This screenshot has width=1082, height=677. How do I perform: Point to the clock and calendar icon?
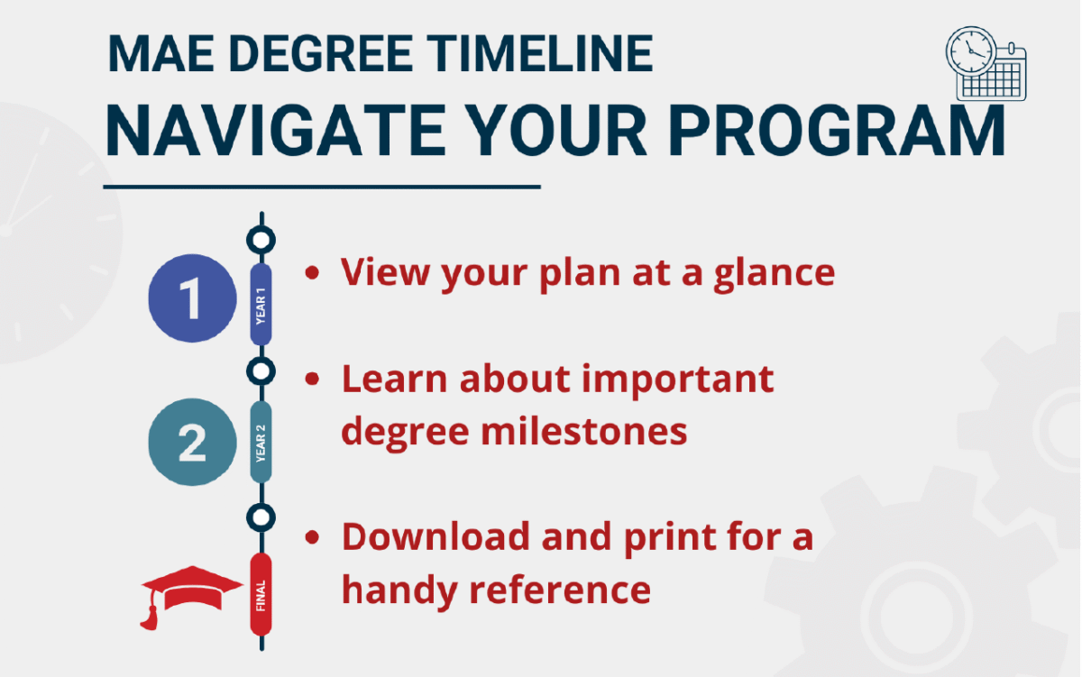986,62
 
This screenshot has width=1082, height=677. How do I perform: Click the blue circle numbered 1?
192,299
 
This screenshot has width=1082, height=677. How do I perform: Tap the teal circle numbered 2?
192,442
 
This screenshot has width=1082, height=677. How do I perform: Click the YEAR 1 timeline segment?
261,305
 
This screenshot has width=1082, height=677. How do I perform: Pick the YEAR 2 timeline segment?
261,442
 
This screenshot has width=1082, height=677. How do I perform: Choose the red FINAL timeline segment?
261,594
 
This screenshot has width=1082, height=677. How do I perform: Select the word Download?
435,537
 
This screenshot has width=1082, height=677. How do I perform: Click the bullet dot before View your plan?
313,273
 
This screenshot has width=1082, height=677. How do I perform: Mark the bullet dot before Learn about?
313,380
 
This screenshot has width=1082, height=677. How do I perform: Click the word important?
675,380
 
